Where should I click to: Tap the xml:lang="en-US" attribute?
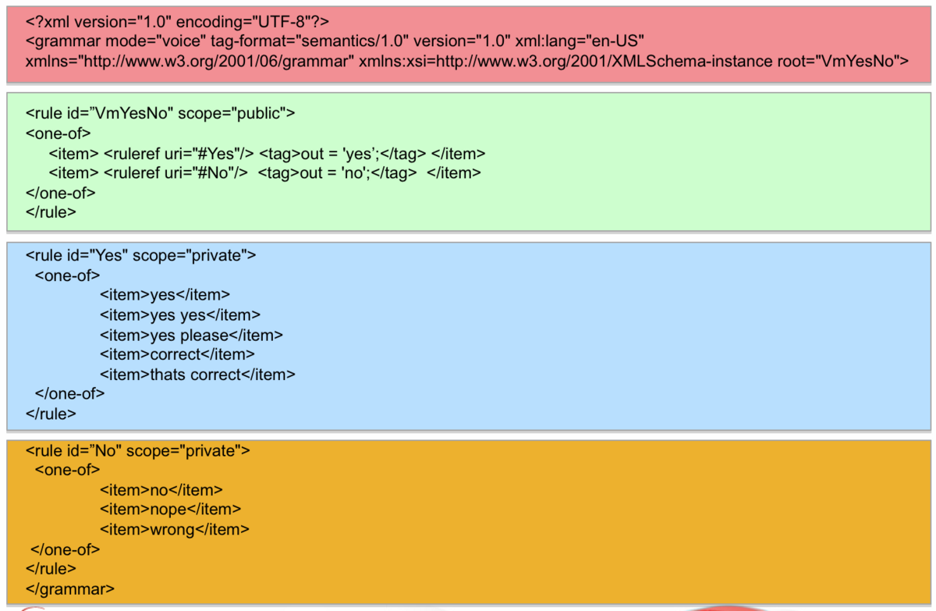[580, 41]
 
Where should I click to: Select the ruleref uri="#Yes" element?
[179, 154]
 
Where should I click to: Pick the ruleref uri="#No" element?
[175, 173]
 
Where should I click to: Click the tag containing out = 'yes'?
[342, 154]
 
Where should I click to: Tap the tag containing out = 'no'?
[337, 173]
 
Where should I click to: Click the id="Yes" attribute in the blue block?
[97, 255]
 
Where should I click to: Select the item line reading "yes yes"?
[180, 315]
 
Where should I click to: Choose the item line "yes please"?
[191, 336]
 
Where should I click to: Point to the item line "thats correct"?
[197, 375]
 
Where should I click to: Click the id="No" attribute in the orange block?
[94, 451]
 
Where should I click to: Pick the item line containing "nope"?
[171, 510]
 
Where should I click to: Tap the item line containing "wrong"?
[175, 530]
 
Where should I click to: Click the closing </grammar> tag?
[69, 589]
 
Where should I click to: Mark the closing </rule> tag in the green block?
[51, 212]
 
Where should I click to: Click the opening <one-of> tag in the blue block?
[68, 275]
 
